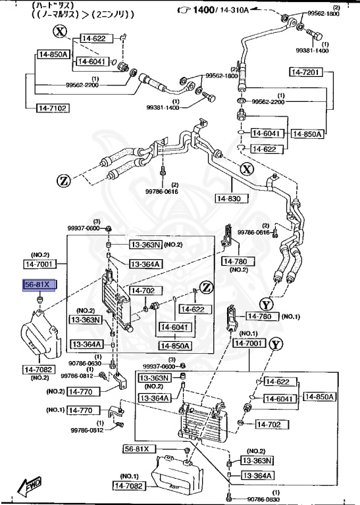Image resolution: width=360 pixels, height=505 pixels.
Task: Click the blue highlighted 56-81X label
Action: pyautogui.click(x=41, y=285)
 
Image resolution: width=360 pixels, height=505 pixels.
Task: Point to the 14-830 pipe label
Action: pyautogui.click(x=230, y=197)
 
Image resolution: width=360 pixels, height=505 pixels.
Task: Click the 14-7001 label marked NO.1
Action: pyautogui.click(x=249, y=343)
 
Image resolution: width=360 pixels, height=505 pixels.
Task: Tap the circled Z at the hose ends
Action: pyautogui.click(x=63, y=181)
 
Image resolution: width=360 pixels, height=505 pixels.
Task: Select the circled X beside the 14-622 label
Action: pyautogui.click(x=60, y=31)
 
